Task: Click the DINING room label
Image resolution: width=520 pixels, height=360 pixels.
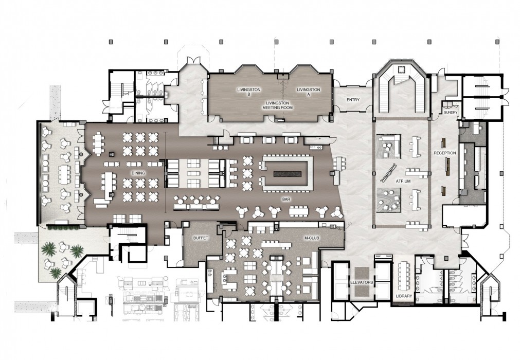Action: pyautogui.click(x=138, y=173)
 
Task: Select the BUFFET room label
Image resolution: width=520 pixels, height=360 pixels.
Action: pyautogui.click(x=201, y=238)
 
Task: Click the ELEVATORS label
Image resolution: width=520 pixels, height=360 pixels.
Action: pyautogui.click(x=362, y=282)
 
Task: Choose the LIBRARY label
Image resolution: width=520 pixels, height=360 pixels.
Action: pyautogui.click(x=404, y=296)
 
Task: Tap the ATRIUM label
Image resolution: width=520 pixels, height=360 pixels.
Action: pyautogui.click(x=403, y=182)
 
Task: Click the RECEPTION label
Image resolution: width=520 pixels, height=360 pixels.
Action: pyautogui.click(x=445, y=153)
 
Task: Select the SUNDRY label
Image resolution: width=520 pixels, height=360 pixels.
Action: pyautogui.click(x=451, y=113)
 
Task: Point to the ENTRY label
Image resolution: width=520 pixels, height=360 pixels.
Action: pyautogui.click(x=353, y=99)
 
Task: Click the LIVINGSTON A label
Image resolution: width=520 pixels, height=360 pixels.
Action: pyautogui.click(x=309, y=92)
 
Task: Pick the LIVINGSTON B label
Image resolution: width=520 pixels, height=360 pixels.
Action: pyautogui.click(x=249, y=92)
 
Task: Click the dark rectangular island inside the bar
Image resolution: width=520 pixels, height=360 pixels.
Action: pyautogui.click(x=288, y=174)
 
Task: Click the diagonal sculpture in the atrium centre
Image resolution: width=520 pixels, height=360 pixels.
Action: pyautogui.click(x=389, y=172)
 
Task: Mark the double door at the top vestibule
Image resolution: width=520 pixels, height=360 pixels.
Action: pyautogui.click(x=193, y=60)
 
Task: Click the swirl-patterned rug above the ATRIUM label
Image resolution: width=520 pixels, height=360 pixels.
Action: pyautogui.click(x=389, y=147)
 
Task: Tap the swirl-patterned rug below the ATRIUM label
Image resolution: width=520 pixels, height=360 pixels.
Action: pyautogui.click(x=389, y=200)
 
